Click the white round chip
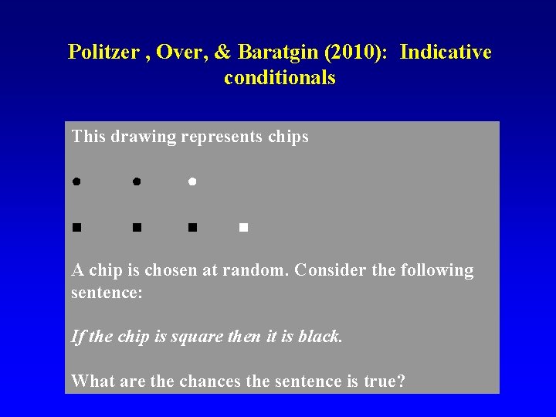pyautogui.click(x=192, y=181)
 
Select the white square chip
pyautogui.click(x=242, y=227)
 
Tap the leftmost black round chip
pyautogui.click(x=77, y=181)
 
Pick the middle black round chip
pyautogui.click(x=136, y=181)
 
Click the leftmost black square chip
pyautogui.click(x=77, y=227)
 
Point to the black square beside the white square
pyautogui.click(x=192, y=227)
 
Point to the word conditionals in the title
pyautogui.click(x=280, y=78)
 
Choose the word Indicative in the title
pyautogui.click(x=446, y=53)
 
